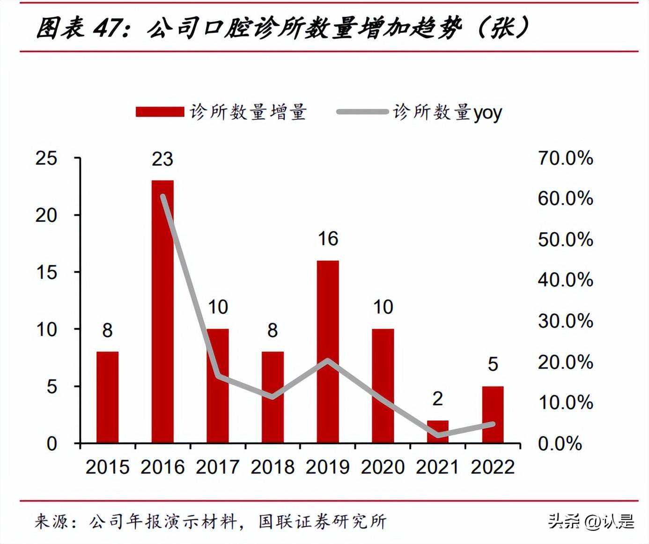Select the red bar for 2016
(162, 311)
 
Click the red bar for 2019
(328, 351)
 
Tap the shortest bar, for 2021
(438, 432)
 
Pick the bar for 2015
(107, 397)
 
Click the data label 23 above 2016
(162, 159)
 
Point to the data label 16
(328, 239)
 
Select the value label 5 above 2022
(493, 364)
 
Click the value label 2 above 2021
(438, 399)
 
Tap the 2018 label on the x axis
(273, 467)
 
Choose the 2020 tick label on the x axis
(383, 467)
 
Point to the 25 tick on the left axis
(46, 158)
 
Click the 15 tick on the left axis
(46, 272)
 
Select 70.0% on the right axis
(565, 158)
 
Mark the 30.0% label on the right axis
(565, 321)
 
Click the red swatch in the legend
(160, 112)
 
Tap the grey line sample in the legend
(362, 112)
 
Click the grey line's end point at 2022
(493, 424)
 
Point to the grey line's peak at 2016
(163, 196)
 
